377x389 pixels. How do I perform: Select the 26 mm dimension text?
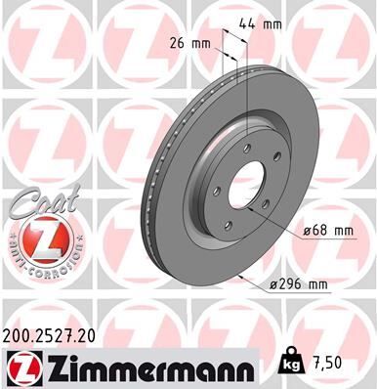(189, 42)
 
